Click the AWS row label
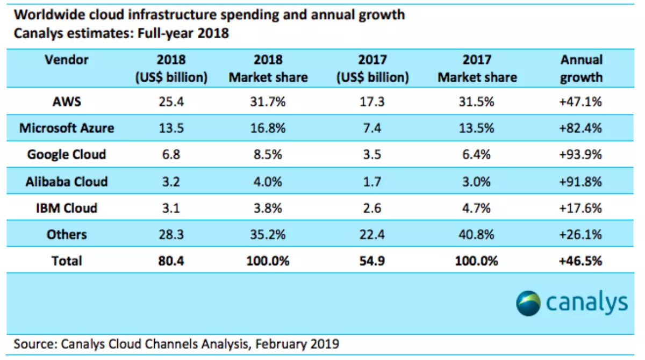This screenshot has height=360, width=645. pyautogui.click(x=67, y=102)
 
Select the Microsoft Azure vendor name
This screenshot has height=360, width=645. pyautogui.click(x=67, y=128)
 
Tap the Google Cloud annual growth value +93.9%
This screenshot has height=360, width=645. pyautogui.click(x=581, y=155)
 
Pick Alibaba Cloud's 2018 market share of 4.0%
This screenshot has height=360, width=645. pyautogui.click(x=268, y=181)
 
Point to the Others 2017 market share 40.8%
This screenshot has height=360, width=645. pyautogui.click(x=477, y=234)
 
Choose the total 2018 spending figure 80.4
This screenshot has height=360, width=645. pyautogui.click(x=171, y=261)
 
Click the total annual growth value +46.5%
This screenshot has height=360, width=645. pyautogui.click(x=581, y=261)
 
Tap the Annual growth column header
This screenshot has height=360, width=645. pyautogui.click(x=581, y=68)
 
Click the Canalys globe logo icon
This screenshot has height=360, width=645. pyautogui.click(x=528, y=303)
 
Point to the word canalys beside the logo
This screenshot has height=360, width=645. pyautogui.click(x=587, y=303)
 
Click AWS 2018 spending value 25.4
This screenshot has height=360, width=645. pyautogui.click(x=171, y=102)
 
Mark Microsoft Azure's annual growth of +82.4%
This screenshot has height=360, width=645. pyautogui.click(x=581, y=128)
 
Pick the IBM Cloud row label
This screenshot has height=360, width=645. pyautogui.click(x=67, y=207)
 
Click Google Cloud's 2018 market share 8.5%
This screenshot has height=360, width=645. pyautogui.click(x=268, y=155)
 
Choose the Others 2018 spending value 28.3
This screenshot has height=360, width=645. pyautogui.click(x=171, y=234)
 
